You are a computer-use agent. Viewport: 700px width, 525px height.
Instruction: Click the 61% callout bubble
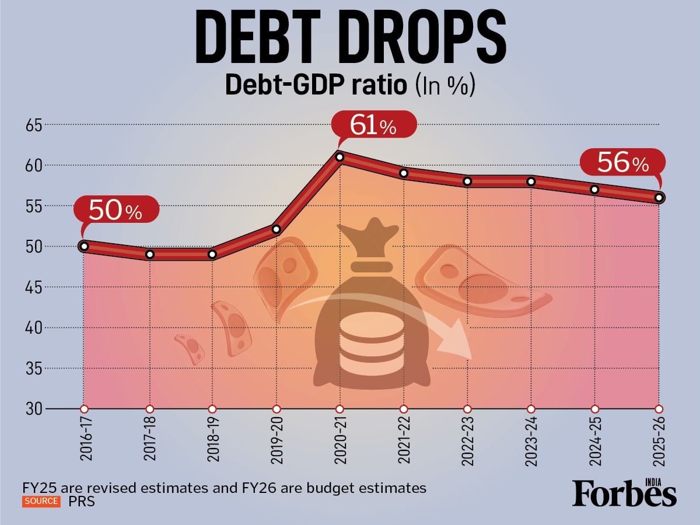click(x=373, y=125)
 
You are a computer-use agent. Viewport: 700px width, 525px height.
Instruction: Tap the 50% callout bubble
click(x=116, y=211)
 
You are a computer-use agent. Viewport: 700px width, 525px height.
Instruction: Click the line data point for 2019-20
click(x=276, y=229)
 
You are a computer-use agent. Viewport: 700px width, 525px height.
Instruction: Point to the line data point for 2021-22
click(x=404, y=173)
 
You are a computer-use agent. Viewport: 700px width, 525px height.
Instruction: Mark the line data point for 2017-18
click(x=149, y=254)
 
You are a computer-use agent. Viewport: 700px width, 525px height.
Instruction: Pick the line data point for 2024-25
click(x=594, y=190)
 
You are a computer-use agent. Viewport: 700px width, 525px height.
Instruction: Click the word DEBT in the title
click(x=272, y=39)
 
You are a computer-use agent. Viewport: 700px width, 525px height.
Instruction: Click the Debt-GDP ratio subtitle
click(x=315, y=85)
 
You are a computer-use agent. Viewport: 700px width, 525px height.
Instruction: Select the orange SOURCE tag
click(x=41, y=501)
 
